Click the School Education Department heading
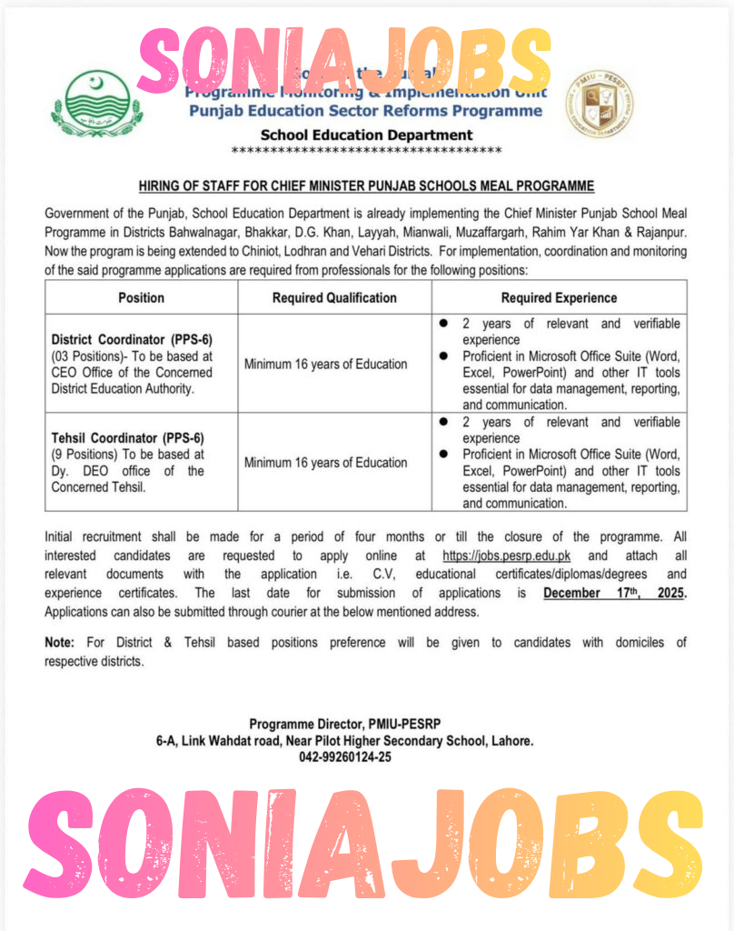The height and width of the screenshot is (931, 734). tap(366, 135)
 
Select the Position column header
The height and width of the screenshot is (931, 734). tap(142, 297)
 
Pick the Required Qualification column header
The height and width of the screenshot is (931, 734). tap(334, 297)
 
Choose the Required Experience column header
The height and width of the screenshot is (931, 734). tap(559, 297)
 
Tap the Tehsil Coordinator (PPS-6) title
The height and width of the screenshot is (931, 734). tap(126, 438)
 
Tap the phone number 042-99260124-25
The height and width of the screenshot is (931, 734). tap(344, 757)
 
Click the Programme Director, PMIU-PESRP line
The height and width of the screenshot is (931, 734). tap(344, 726)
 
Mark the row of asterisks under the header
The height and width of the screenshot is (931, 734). tap(366, 150)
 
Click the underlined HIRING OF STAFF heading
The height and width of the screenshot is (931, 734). tap(366, 186)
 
